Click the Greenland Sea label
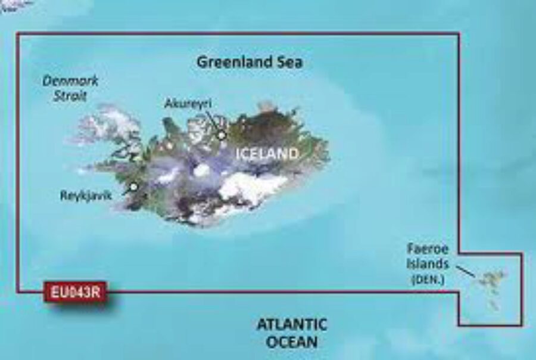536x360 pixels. click(x=250, y=62)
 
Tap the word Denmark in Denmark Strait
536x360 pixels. click(x=70, y=82)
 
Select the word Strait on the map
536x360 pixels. click(x=70, y=95)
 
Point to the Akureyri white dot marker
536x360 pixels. click(x=222, y=136)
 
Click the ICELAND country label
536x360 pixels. click(x=267, y=154)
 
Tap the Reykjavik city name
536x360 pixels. click(x=86, y=195)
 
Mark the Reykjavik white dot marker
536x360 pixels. click(x=134, y=187)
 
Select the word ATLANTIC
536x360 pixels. click(x=292, y=325)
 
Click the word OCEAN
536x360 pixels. click(x=292, y=343)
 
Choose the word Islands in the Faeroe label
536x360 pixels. click(x=428, y=262)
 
